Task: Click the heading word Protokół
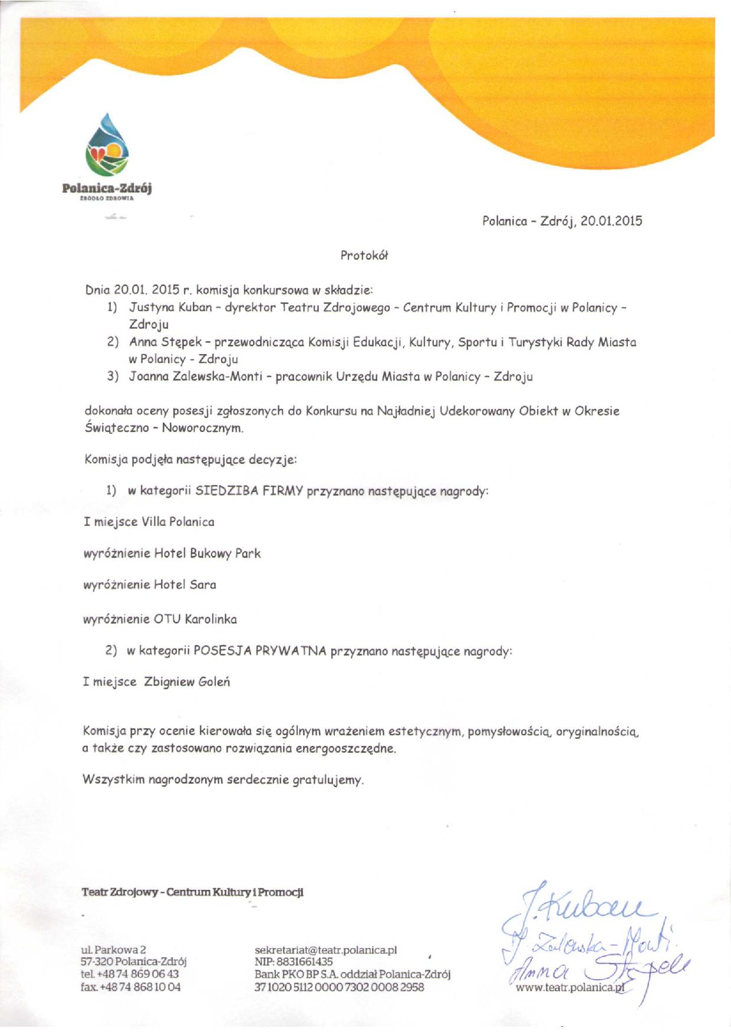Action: pyautogui.click(x=364, y=256)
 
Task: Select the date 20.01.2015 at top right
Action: pyautogui.click(x=611, y=221)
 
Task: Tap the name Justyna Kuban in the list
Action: pyautogui.click(x=170, y=307)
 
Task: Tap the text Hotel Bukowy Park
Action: pyautogui.click(x=207, y=553)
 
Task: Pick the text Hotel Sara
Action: pyautogui.click(x=185, y=585)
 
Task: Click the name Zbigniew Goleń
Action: pyautogui.click(x=187, y=682)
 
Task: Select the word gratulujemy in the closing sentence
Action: pyautogui.click(x=327, y=780)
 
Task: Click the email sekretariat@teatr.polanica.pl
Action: pyautogui.click(x=325, y=950)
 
